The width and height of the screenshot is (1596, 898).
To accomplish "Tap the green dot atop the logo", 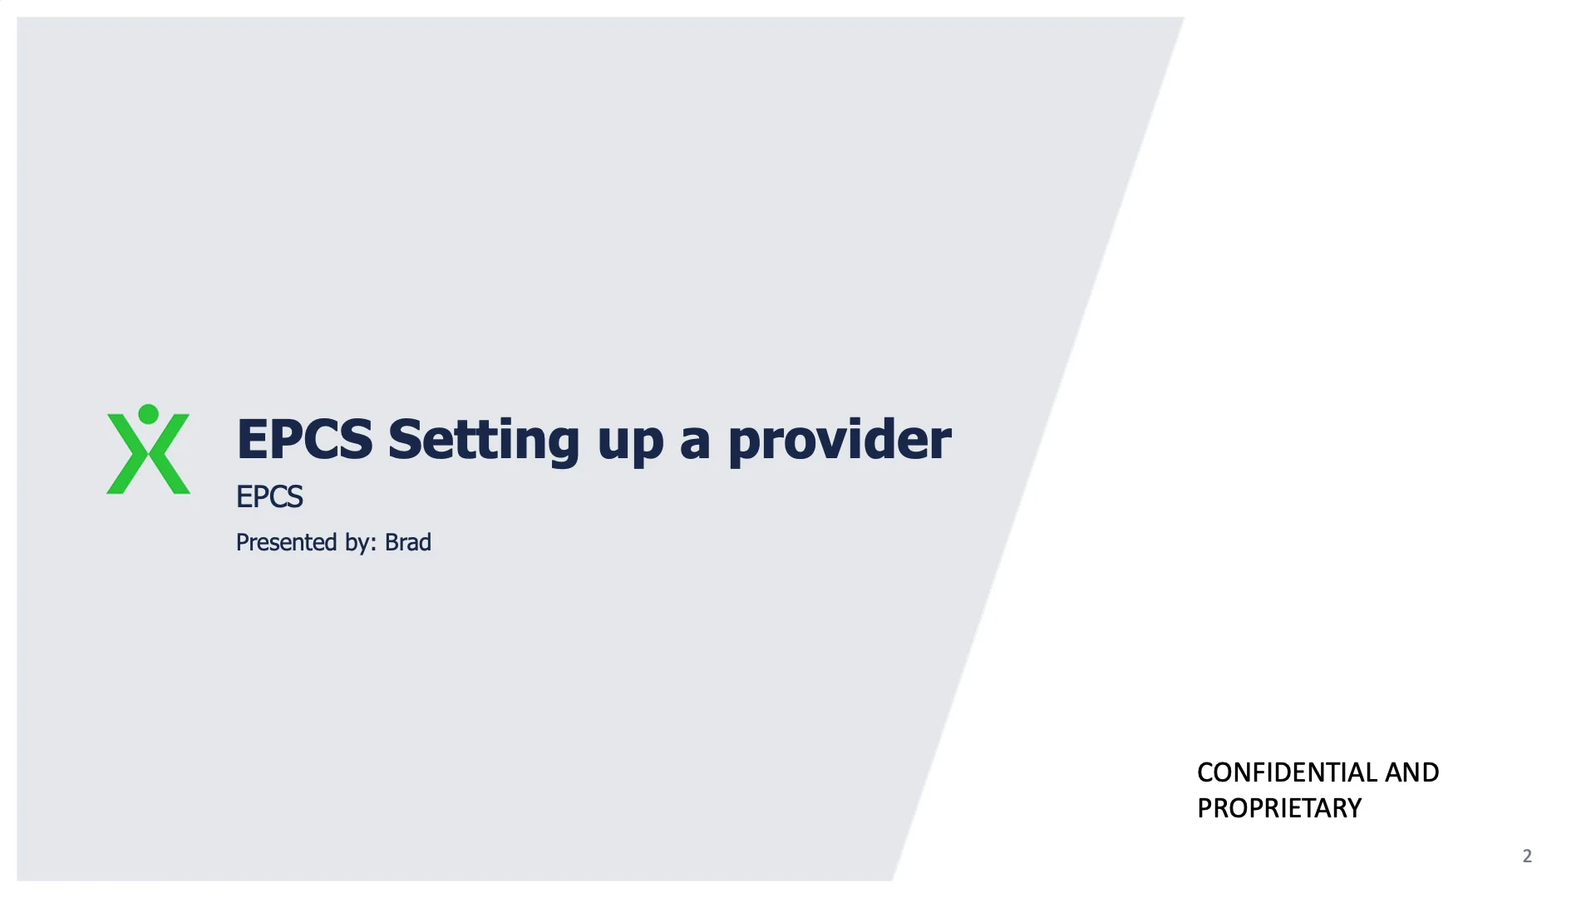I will click(148, 414).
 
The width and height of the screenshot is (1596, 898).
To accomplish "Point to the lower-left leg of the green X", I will click(121, 481).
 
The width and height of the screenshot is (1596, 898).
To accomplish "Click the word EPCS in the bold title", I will click(304, 439).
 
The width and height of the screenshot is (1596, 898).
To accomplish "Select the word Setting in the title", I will click(483, 439).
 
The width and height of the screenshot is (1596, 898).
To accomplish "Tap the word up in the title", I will click(630, 441).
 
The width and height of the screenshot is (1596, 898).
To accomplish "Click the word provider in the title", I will click(840, 439).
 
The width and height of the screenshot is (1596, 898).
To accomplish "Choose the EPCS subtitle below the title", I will click(269, 497).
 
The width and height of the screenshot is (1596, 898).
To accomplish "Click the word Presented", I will click(287, 542).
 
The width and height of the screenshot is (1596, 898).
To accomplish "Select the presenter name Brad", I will click(408, 542).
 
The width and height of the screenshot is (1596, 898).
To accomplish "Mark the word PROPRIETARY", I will click(1279, 808).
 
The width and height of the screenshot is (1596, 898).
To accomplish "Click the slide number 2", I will click(1527, 856).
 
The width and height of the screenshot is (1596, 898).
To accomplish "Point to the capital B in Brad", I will click(391, 542).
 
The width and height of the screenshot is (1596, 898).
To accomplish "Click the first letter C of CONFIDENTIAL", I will click(1204, 772).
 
